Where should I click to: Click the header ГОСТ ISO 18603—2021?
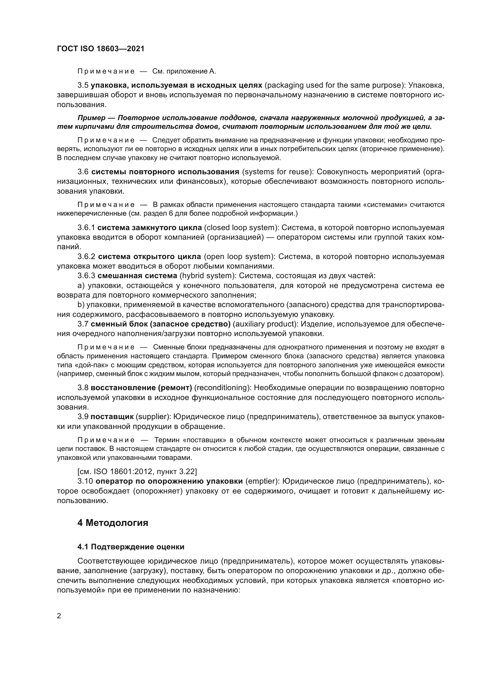(100, 49)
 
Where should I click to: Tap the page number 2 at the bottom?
(59, 616)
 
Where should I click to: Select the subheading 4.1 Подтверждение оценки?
(131, 547)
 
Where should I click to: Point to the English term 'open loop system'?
(239, 256)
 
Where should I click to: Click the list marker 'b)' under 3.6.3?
(81, 304)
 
